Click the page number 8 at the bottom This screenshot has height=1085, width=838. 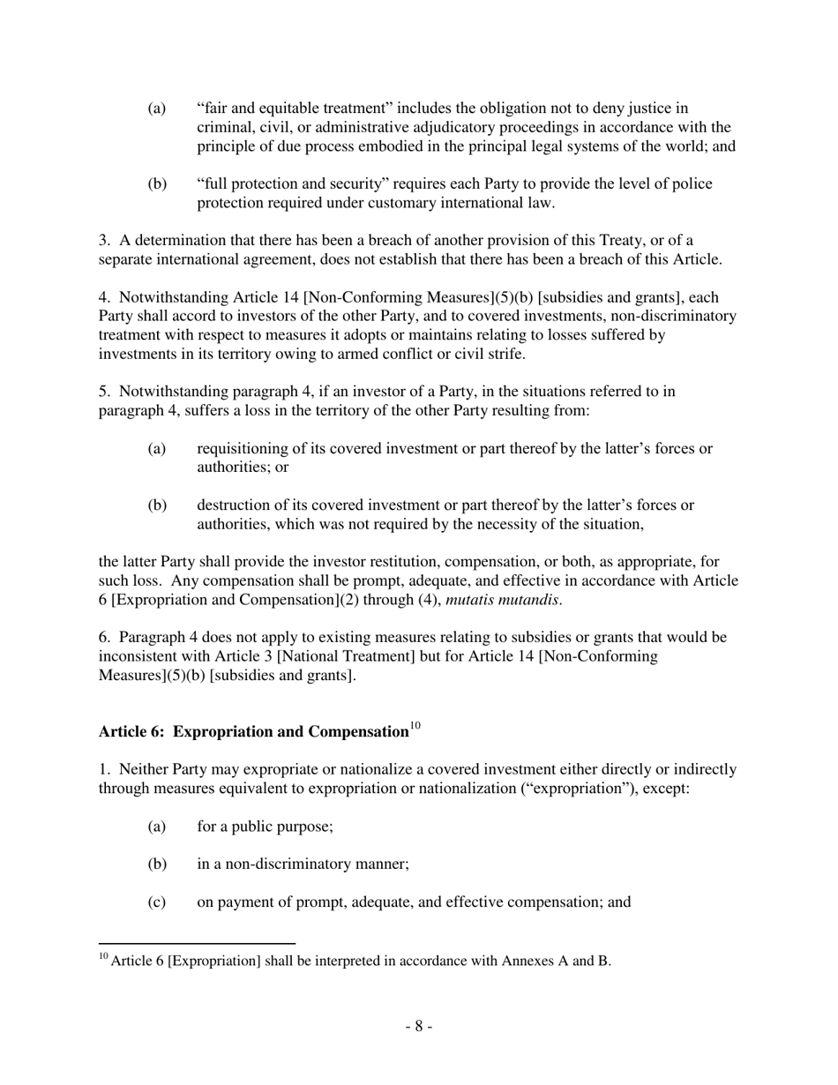click(x=419, y=1026)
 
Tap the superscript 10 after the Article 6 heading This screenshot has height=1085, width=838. click(x=415, y=727)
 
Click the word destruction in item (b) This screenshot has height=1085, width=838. click(x=234, y=505)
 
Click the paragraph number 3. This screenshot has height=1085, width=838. click(x=103, y=241)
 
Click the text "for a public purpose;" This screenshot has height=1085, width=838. click(x=264, y=827)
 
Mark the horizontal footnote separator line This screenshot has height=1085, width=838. click(x=196, y=943)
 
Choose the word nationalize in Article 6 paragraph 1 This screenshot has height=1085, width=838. click(x=339, y=769)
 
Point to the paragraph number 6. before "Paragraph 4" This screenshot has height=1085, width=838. click(x=103, y=637)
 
